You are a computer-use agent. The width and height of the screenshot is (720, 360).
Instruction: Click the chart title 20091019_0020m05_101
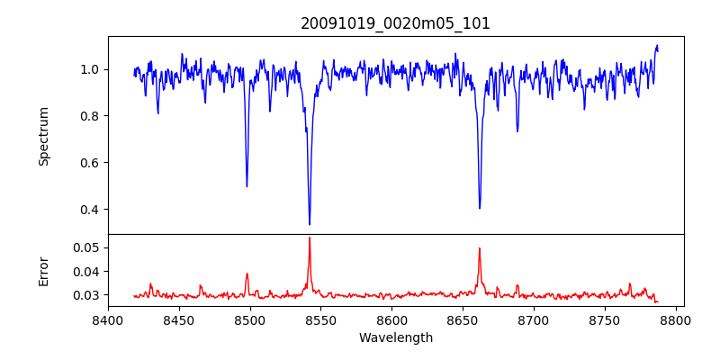click(x=395, y=23)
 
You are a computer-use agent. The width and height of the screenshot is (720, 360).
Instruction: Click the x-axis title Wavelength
click(x=395, y=337)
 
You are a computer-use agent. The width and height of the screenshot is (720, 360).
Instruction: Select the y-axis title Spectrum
click(x=43, y=136)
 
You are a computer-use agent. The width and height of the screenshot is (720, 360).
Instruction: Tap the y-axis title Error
click(x=43, y=271)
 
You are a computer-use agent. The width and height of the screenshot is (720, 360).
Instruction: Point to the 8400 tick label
click(x=108, y=319)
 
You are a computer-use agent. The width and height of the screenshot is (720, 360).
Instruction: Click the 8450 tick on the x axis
click(x=179, y=319)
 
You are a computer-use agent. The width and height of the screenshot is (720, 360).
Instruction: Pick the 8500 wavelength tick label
click(x=250, y=319)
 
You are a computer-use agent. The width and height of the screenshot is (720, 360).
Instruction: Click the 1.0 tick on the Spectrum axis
click(x=90, y=69)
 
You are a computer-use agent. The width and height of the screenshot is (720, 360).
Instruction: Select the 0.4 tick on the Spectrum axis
click(x=90, y=210)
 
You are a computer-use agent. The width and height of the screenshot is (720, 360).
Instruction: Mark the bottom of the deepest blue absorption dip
click(x=310, y=224)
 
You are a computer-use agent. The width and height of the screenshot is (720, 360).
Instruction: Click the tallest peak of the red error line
click(x=310, y=238)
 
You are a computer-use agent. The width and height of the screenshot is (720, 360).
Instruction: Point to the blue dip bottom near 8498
click(x=247, y=186)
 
